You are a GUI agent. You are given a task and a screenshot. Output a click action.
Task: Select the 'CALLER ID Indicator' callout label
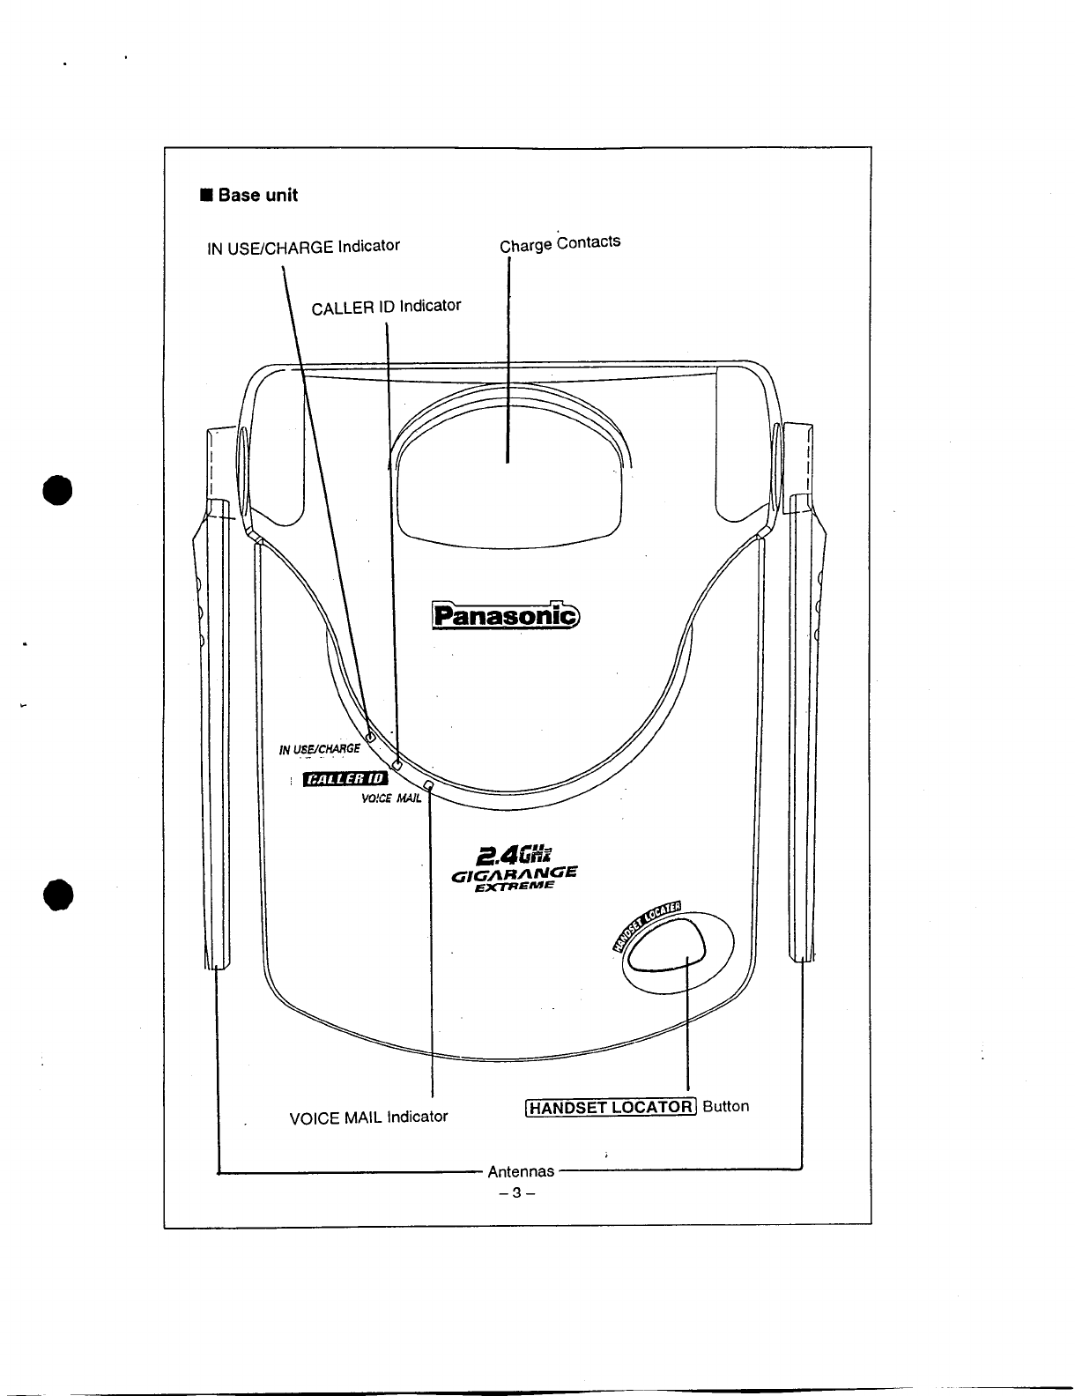point(386,307)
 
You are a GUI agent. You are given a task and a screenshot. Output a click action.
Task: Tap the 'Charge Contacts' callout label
point(560,242)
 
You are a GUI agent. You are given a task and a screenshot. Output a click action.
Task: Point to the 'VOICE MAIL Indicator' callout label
point(368,1118)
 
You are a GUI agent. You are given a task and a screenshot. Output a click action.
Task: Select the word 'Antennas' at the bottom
point(522,1171)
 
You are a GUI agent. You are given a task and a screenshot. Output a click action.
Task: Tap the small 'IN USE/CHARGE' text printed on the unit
point(319,750)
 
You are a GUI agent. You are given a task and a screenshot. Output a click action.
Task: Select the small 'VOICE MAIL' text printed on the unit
point(392,799)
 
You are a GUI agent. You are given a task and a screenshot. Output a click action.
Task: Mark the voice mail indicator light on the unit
point(428,784)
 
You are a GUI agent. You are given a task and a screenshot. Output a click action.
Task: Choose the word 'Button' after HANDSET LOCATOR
point(726,1106)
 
